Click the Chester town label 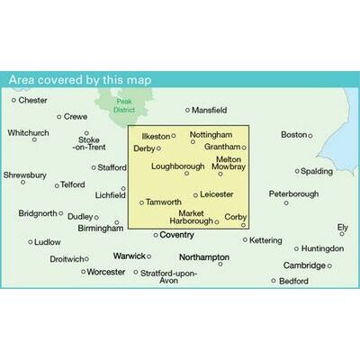tap(32, 100)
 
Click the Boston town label tap(294, 135)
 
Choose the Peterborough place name tap(294, 193)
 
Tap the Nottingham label tap(211, 134)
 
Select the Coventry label tap(177, 235)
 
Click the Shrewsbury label tap(23, 175)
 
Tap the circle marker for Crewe tap(59, 116)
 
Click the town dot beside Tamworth tap(142, 202)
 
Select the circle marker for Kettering tap(246, 239)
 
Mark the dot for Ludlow tap(31, 242)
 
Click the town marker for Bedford tap(274, 281)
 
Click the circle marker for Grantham tap(243, 147)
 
